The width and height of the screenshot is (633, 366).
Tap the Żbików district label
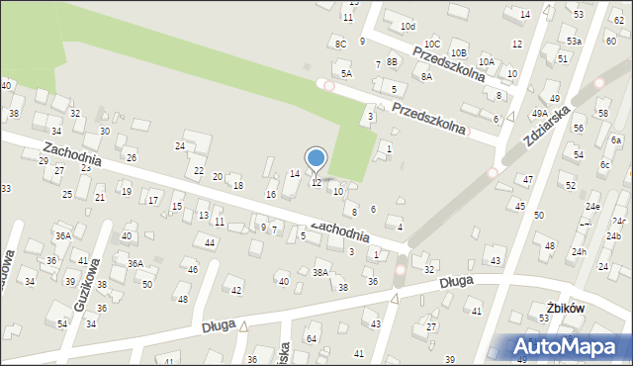point(565,309)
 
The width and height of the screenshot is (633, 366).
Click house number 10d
point(407,26)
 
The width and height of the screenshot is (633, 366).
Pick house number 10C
point(432,44)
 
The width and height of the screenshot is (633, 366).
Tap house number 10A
point(486,61)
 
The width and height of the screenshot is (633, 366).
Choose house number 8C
point(340,44)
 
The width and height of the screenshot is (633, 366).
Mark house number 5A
point(346,73)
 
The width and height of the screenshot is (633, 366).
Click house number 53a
point(574,42)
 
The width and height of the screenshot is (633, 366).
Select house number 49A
point(539,114)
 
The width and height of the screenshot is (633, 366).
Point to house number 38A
point(319,272)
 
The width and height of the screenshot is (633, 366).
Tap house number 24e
point(591,206)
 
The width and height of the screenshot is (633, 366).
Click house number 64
point(312,339)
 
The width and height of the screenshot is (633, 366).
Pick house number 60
point(610,40)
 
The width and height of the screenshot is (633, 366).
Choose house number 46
point(193,269)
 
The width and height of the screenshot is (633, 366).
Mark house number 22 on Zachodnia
point(199,171)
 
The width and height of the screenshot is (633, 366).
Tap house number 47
point(528,179)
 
